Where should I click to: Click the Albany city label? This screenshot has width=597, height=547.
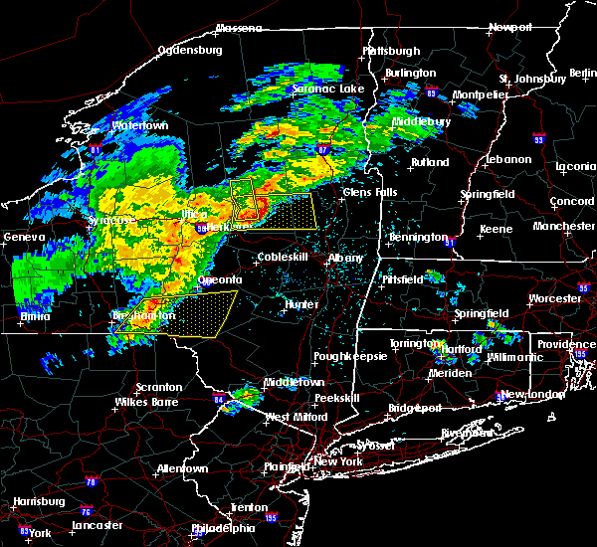pyautogui.click(x=346, y=258)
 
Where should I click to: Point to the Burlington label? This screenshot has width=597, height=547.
pyautogui.click(x=412, y=73)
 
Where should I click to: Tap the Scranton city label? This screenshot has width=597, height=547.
pyautogui.click(x=160, y=387)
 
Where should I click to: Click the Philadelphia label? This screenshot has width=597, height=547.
pyautogui.click(x=223, y=528)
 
